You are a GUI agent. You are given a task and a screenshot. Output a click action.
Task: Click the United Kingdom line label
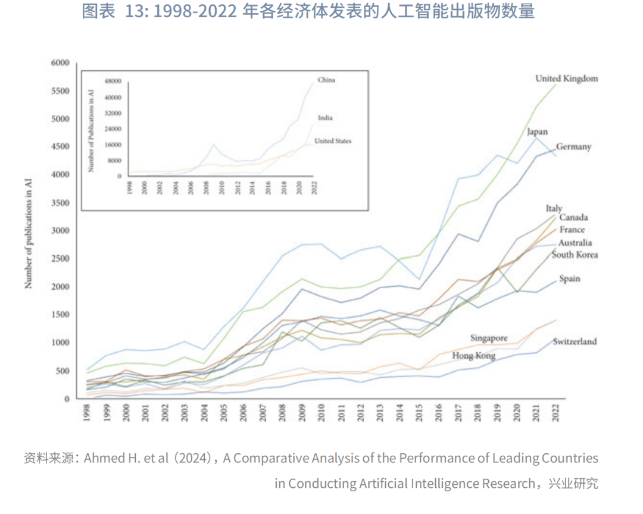pos(566,79)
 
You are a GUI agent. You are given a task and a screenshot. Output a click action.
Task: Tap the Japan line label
pos(537,132)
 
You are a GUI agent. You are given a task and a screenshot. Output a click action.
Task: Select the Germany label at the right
pos(573,146)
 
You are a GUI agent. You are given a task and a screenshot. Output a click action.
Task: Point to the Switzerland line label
pos(575,341)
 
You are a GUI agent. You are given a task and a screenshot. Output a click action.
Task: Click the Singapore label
pos(489,338)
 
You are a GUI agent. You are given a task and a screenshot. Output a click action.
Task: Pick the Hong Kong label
pos(474,356)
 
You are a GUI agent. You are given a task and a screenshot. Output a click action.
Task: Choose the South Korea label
pos(575,255)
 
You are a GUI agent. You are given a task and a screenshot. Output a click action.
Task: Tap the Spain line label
pos(569,278)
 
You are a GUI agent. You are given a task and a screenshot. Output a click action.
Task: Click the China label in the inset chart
pos(326,80)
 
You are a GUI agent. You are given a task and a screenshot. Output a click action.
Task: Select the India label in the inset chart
pos(324,118)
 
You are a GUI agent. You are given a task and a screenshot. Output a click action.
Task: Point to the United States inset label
pos(332,141)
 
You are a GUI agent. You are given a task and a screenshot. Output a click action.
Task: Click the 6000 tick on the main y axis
pos(60,62)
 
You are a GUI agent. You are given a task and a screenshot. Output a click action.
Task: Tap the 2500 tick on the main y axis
pos(60,259)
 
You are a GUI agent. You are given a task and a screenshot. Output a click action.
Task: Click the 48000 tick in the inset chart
pos(113,81)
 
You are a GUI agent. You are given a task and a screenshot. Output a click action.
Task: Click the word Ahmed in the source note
pos(102,459)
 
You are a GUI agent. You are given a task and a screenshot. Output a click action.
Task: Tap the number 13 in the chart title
pos(136,12)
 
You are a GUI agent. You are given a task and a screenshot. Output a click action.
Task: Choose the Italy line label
pos(554,208)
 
